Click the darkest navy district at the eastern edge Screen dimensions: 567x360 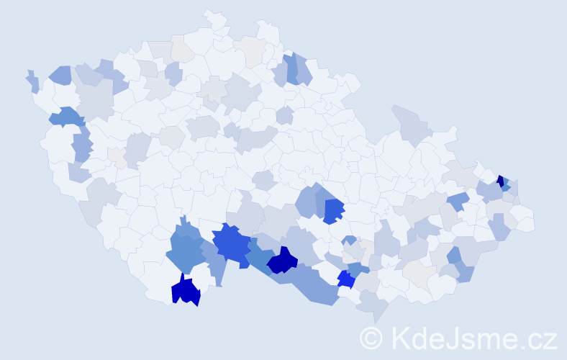(500, 181)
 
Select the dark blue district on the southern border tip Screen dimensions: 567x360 (186, 291)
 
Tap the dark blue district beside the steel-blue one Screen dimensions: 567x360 (283, 261)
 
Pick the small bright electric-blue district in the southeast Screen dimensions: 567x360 (345, 279)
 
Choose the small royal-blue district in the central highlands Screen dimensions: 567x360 (333, 211)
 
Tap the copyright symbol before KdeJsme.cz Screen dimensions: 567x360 (371, 338)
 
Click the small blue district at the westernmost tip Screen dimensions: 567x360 (32, 81)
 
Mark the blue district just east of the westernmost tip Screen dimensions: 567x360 (60, 74)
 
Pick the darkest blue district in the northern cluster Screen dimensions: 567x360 (291, 68)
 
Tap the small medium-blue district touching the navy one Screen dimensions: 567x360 (507, 187)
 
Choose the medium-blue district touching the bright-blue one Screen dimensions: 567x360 (355, 269)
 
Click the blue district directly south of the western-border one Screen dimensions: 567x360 (81, 145)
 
